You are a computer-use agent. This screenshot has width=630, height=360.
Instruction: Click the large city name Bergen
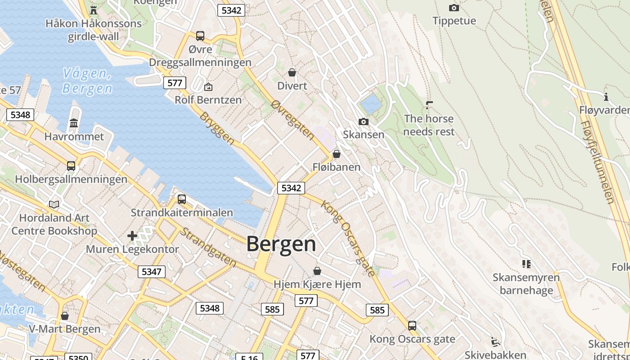281,244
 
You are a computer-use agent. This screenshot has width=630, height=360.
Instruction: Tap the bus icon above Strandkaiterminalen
182,199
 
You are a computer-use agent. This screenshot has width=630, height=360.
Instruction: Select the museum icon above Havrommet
74,123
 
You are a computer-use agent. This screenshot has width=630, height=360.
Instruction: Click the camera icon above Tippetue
454,8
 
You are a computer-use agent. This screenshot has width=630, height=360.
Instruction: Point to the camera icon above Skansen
363,121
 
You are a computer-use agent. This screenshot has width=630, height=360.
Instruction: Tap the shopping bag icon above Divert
292,72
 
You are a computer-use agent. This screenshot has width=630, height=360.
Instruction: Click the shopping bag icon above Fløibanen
336,154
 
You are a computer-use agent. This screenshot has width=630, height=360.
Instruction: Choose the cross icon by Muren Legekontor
132,235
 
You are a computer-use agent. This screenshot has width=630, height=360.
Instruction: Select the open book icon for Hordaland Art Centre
54,204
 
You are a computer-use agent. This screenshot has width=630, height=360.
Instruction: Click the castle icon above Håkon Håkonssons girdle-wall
94,10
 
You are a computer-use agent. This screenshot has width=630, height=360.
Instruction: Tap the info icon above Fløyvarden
606,97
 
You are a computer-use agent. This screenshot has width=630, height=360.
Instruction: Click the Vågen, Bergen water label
88,81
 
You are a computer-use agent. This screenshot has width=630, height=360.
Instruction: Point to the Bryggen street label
217,129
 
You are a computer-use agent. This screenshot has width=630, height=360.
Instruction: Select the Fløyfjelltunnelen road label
598,162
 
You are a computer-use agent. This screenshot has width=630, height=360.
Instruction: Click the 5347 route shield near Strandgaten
151,272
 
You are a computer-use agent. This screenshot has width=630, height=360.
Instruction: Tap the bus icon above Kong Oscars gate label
412,325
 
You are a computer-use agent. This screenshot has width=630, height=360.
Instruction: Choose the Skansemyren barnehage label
526,283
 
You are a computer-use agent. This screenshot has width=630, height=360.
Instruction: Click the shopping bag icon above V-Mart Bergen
65,316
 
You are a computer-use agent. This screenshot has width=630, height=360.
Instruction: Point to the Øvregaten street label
292,120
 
